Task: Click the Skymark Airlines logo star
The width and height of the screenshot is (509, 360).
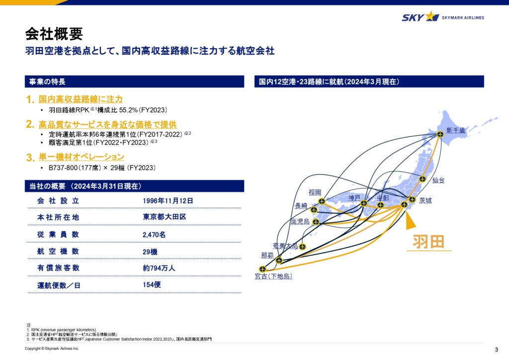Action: coord(432,16)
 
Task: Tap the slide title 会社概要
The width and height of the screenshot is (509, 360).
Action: coord(54,34)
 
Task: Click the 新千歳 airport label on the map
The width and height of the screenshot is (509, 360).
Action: coord(456,130)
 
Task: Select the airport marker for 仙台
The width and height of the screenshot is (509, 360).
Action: coord(423,179)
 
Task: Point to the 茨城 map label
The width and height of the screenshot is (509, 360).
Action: coord(425,200)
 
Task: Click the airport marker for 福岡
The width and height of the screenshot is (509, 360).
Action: coord(322,201)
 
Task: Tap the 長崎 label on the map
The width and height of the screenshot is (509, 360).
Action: coord(301,206)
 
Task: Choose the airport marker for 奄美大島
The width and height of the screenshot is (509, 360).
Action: coord(302,247)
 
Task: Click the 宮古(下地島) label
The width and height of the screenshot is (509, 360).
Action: coord(274,276)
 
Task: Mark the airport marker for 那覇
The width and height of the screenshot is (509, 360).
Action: coord(279,261)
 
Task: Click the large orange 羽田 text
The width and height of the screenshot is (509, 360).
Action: coord(428,242)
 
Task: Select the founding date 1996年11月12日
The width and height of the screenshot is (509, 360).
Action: coord(168,201)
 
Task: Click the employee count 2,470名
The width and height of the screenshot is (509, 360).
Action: coord(154,235)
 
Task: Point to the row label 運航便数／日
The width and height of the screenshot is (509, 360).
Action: coord(59,285)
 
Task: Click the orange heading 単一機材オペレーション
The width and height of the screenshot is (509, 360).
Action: coord(82,157)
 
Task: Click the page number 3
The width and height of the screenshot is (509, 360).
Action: coord(497,350)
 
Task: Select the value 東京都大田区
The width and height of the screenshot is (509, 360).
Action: coord(165,217)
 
